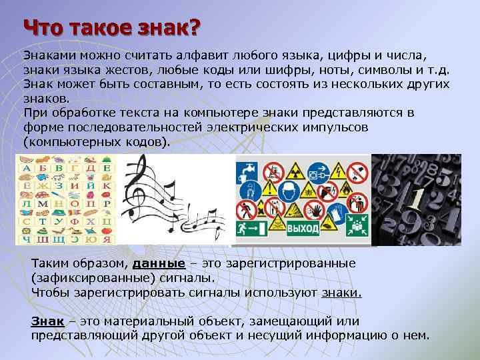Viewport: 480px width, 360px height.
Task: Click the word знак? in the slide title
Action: point(160,28)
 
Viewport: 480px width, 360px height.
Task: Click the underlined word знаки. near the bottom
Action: point(341,291)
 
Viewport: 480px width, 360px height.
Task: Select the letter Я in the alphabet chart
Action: point(105,238)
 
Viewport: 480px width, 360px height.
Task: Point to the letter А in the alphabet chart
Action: point(27,169)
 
